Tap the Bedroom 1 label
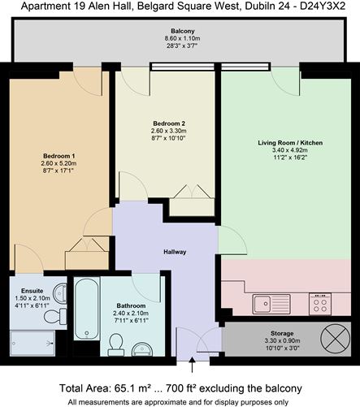[x=59, y=156]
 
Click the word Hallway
[x=175, y=252]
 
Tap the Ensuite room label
[x=33, y=290]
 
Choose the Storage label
[x=283, y=334]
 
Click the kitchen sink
[x=262, y=305]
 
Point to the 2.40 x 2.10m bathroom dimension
[x=119, y=315]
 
